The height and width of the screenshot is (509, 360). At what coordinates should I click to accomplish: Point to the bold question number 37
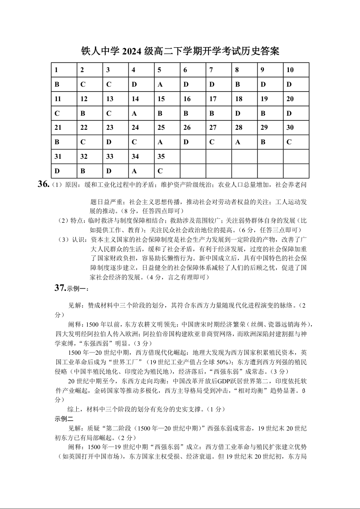click(x=60, y=288)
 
